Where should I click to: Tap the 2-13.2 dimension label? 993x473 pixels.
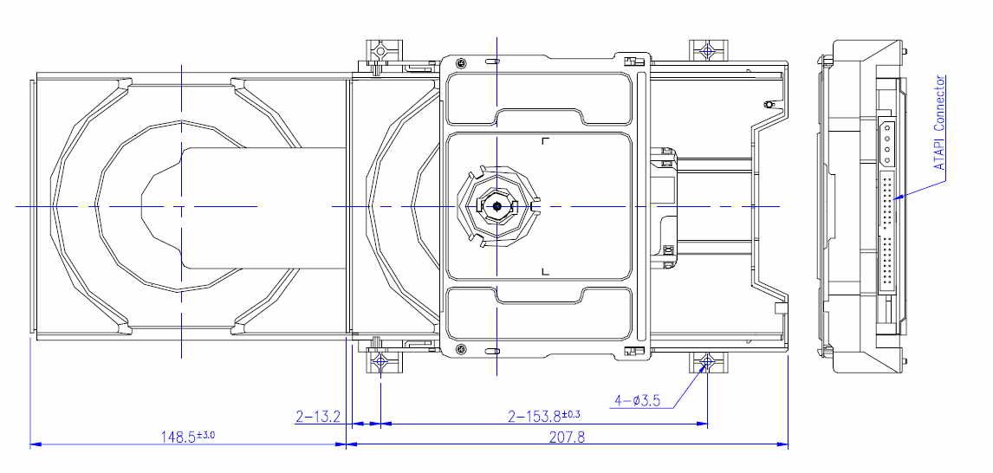coord(318,417)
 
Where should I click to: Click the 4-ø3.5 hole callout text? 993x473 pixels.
coord(637,400)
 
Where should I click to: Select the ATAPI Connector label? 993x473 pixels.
coord(940,122)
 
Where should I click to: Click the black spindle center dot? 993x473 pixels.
coord(497,206)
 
